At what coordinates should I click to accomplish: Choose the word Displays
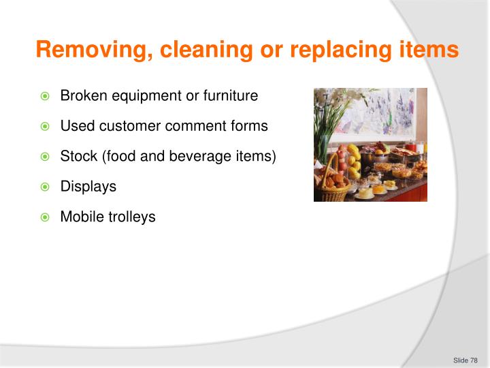coord(88,186)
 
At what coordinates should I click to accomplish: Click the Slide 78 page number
coord(465,360)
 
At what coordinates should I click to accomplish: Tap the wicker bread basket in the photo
coord(333,185)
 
